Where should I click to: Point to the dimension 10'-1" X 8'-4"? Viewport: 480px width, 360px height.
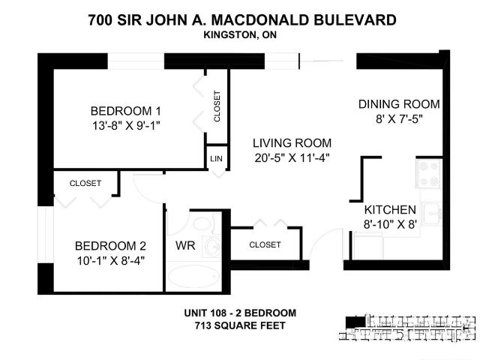coord(109,261)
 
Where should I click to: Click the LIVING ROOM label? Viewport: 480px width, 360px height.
coord(292,142)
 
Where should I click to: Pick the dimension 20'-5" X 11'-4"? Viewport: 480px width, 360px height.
coord(292,157)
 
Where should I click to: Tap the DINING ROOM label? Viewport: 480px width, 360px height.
coord(398,104)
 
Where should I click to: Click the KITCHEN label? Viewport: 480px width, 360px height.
coord(390,210)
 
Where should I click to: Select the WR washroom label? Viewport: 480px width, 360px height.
coord(186,245)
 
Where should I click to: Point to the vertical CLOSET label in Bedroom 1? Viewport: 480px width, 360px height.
coord(217,106)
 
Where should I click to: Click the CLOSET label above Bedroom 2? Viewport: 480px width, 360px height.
coord(85,183)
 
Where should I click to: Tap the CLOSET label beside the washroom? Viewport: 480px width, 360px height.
coord(264,244)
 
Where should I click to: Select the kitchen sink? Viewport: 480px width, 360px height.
coord(432,214)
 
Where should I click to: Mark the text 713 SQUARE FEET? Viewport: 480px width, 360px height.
coord(240,325)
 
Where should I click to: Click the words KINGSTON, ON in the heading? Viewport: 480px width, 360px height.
coord(239,34)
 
